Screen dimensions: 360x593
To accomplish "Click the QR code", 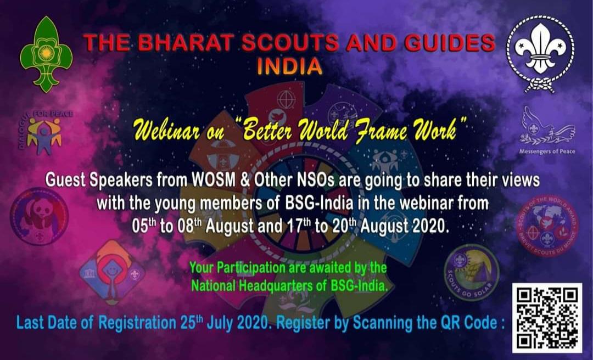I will point(547,317).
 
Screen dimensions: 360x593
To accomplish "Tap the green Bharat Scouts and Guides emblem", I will point(46,54).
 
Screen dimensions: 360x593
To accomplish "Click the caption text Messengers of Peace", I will point(547,151).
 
